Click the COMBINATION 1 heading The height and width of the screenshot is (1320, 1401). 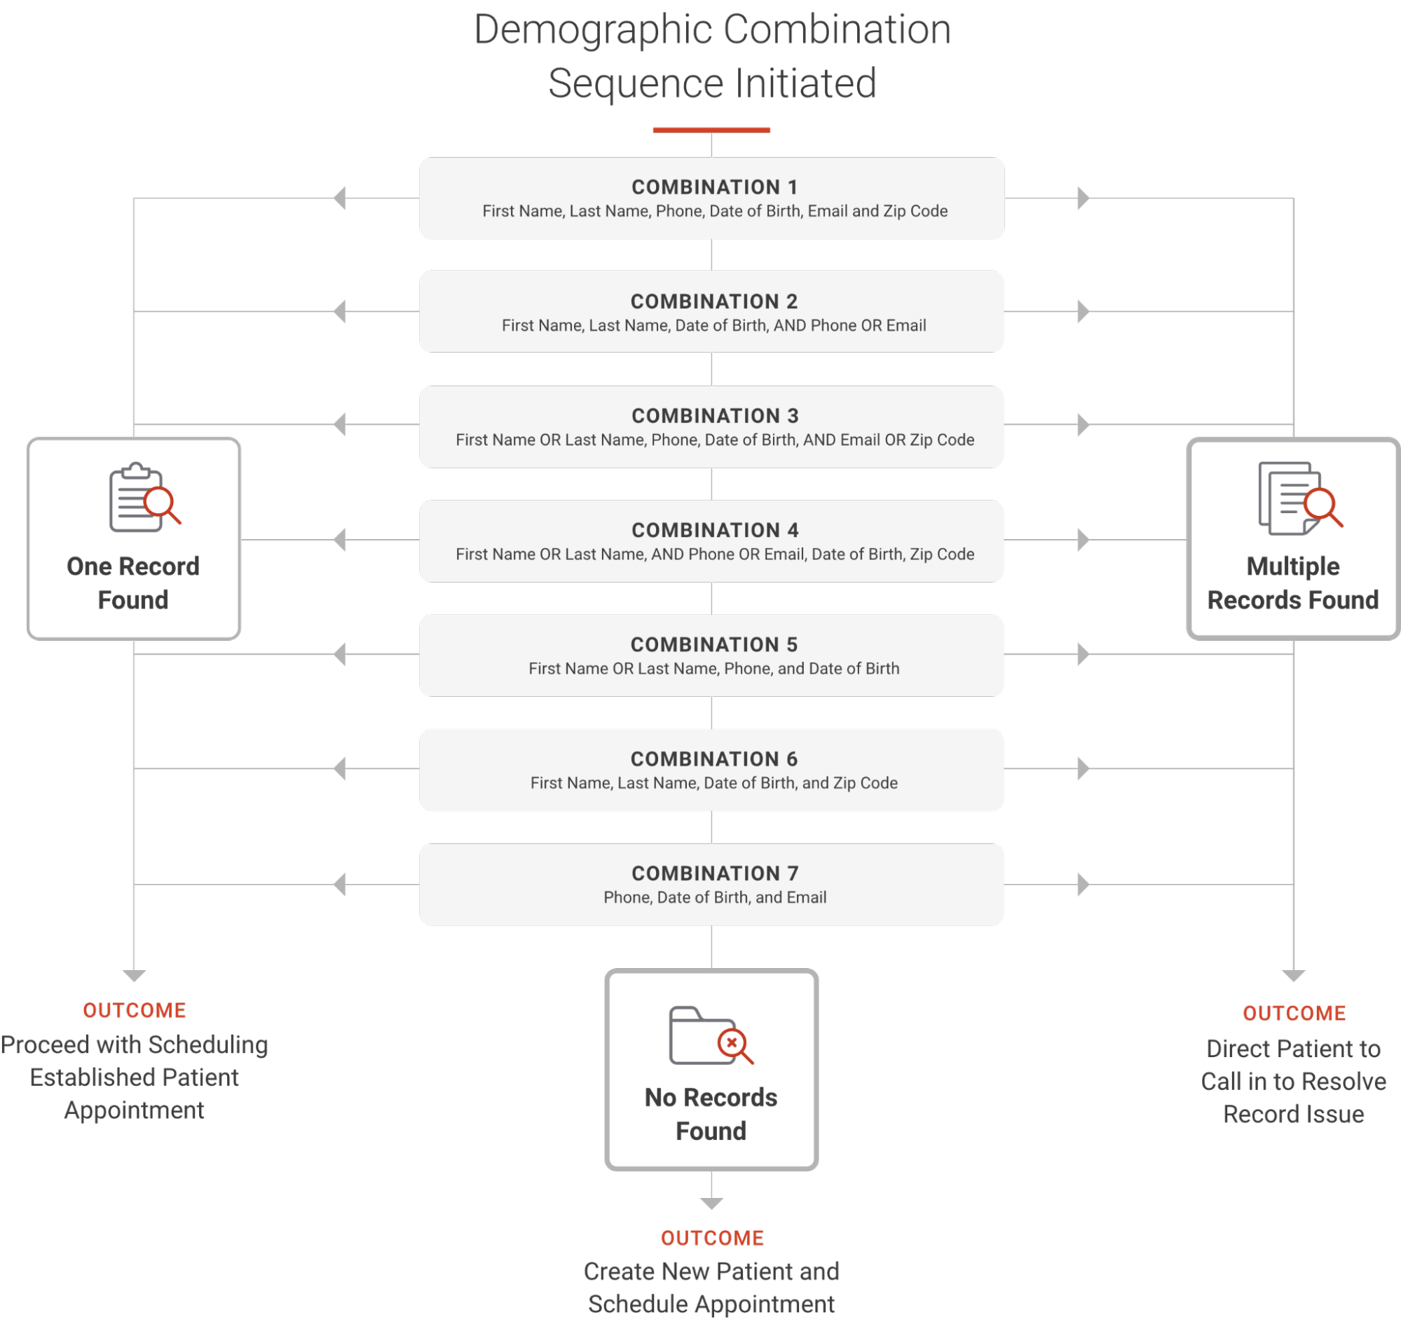[714, 186]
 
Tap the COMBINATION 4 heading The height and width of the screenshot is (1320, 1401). [715, 530]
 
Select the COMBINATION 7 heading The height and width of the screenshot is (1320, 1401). [715, 873]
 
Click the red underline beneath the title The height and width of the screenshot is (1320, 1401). [711, 130]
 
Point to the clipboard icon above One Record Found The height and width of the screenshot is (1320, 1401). [144, 498]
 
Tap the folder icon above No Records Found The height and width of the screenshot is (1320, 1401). [711, 1035]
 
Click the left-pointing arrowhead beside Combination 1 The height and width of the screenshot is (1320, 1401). [340, 198]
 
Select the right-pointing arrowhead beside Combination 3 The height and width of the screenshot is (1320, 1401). [1084, 425]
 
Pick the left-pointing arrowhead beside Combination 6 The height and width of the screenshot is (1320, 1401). [340, 768]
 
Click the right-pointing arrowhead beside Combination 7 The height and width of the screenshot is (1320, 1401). [1084, 884]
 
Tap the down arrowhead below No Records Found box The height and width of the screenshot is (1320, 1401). [711, 1204]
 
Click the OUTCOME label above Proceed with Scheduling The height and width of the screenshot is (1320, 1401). [134, 1011]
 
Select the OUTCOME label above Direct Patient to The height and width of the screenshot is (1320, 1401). [1294, 1014]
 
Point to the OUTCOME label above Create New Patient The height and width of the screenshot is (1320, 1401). [712, 1238]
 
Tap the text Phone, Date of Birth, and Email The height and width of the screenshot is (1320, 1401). [715, 897]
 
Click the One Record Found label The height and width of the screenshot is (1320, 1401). [133, 583]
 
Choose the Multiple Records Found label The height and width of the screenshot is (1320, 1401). [1293, 583]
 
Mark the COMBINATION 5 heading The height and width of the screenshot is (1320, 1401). [714, 644]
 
